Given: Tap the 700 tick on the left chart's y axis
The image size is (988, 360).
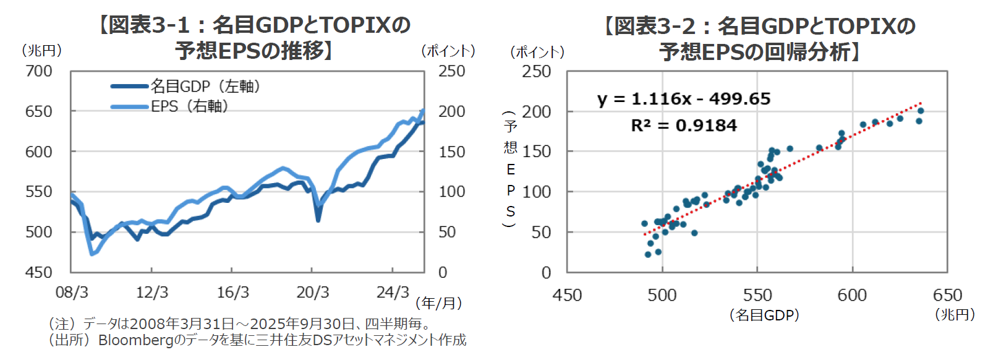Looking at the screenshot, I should click(x=38, y=71).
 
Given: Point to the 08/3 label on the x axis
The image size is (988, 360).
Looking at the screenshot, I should click(x=72, y=293).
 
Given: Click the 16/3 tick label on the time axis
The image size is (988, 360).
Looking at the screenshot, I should click(x=232, y=293).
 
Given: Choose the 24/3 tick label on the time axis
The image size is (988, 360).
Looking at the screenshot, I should click(x=393, y=293).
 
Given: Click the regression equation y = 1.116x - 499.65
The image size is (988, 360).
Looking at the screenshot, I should click(x=684, y=99).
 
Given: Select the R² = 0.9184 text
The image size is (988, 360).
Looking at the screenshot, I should click(x=684, y=126).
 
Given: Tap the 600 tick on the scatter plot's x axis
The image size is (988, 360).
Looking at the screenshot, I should click(x=852, y=296).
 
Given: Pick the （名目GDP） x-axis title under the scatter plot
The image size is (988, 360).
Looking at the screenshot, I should click(x=764, y=315).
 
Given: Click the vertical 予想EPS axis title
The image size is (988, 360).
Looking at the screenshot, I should click(x=510, y=169).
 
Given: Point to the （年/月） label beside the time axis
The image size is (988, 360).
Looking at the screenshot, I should click(x=438, y=303).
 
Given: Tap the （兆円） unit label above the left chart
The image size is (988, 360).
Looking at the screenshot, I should click(x=41, y=51).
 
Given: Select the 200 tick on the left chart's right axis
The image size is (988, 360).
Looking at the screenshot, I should click(x=452, y=111).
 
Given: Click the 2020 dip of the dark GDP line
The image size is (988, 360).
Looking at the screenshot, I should click(x=318, y=220).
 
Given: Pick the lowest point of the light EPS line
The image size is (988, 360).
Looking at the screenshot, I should click(x=92, y=254).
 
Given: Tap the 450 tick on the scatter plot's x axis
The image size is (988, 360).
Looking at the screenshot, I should click(x=567, y=296).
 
